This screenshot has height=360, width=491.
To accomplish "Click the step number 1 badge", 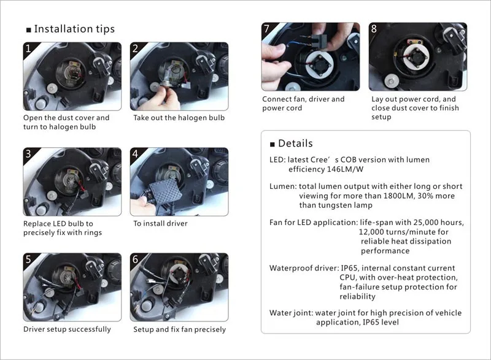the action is (28, 48).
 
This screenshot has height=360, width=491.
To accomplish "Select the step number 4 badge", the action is (135, 153).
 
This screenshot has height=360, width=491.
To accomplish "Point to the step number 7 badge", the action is (266, 28).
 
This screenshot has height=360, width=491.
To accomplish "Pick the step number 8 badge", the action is (374, 28).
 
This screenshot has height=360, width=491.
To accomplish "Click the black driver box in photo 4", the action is (165, 190).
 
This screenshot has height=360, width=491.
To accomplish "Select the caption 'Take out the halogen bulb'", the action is (179, 118).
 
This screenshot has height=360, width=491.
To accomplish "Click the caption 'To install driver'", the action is (160, 223).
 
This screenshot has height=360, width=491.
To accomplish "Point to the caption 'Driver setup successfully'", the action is (67, 329).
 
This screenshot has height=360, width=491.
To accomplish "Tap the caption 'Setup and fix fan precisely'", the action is (179, 329).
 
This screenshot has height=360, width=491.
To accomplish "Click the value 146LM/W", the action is (345, 169).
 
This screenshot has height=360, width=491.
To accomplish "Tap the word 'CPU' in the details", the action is (347, 277).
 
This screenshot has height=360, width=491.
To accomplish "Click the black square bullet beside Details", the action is (273, 144).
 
